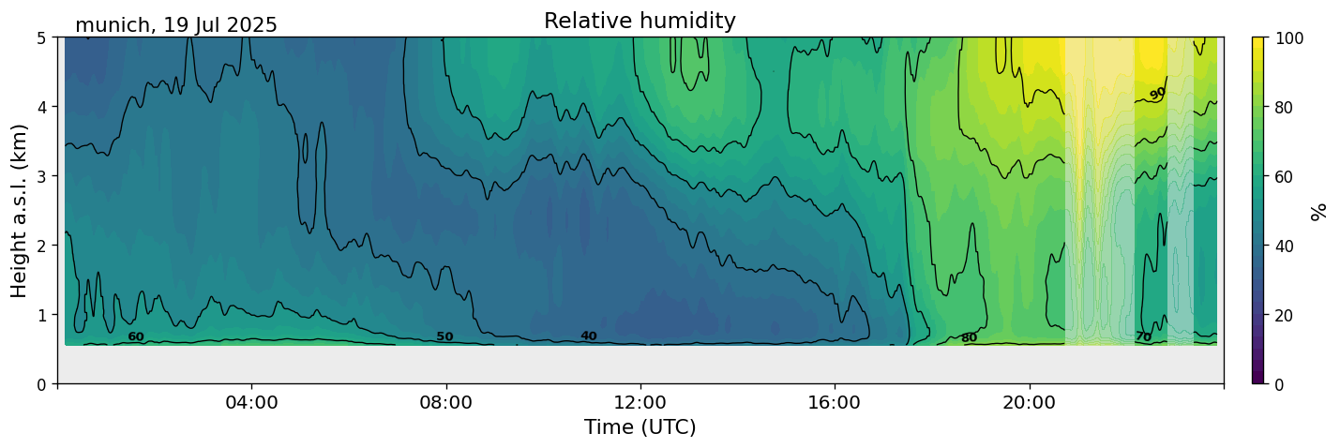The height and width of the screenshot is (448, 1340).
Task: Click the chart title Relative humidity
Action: coord(640,21)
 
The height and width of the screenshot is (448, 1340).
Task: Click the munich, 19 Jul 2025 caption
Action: coord(176,25)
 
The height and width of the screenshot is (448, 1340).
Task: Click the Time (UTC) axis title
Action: coord(640,427)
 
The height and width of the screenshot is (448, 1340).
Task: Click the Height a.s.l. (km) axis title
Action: coord(20,210)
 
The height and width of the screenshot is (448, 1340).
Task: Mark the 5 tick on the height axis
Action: coord(43,37)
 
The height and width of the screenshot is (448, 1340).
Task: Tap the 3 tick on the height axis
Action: coord(43,176)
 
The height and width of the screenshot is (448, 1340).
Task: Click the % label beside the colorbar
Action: coord(1319,211)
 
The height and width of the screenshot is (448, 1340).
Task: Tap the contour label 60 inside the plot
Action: coord(136,336)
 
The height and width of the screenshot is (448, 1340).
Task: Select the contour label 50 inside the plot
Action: coord(444,336)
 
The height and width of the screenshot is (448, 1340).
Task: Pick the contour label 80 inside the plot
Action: coord(969,338)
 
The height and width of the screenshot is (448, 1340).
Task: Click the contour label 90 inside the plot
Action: coord(1158,93)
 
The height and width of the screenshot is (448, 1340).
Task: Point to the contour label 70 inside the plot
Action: coord(1143,336)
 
